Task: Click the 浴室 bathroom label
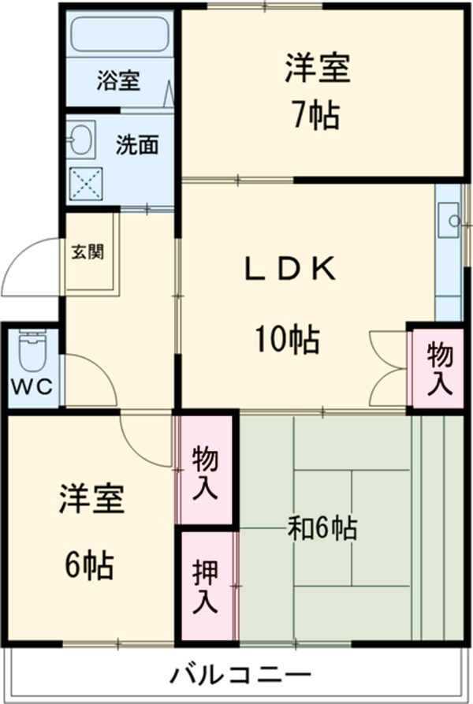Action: (119, 80)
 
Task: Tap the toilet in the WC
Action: (32, 353)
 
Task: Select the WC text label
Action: (32, 387)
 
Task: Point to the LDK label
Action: (289, 270)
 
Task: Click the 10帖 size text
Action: (286, 340)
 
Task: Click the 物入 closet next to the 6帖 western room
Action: (205, 470)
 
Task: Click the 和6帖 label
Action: (320, 527)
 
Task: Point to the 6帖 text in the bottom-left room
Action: (88, 564)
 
